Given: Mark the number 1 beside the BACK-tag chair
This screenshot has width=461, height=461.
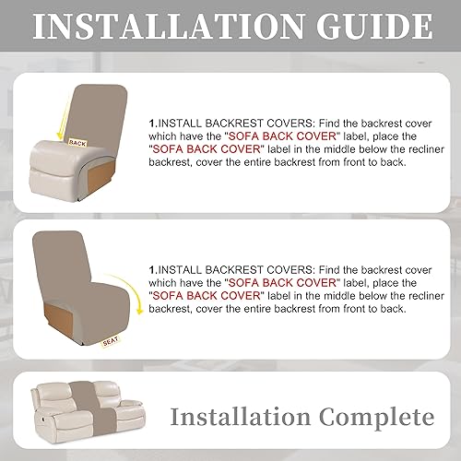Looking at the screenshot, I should point(151,120).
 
